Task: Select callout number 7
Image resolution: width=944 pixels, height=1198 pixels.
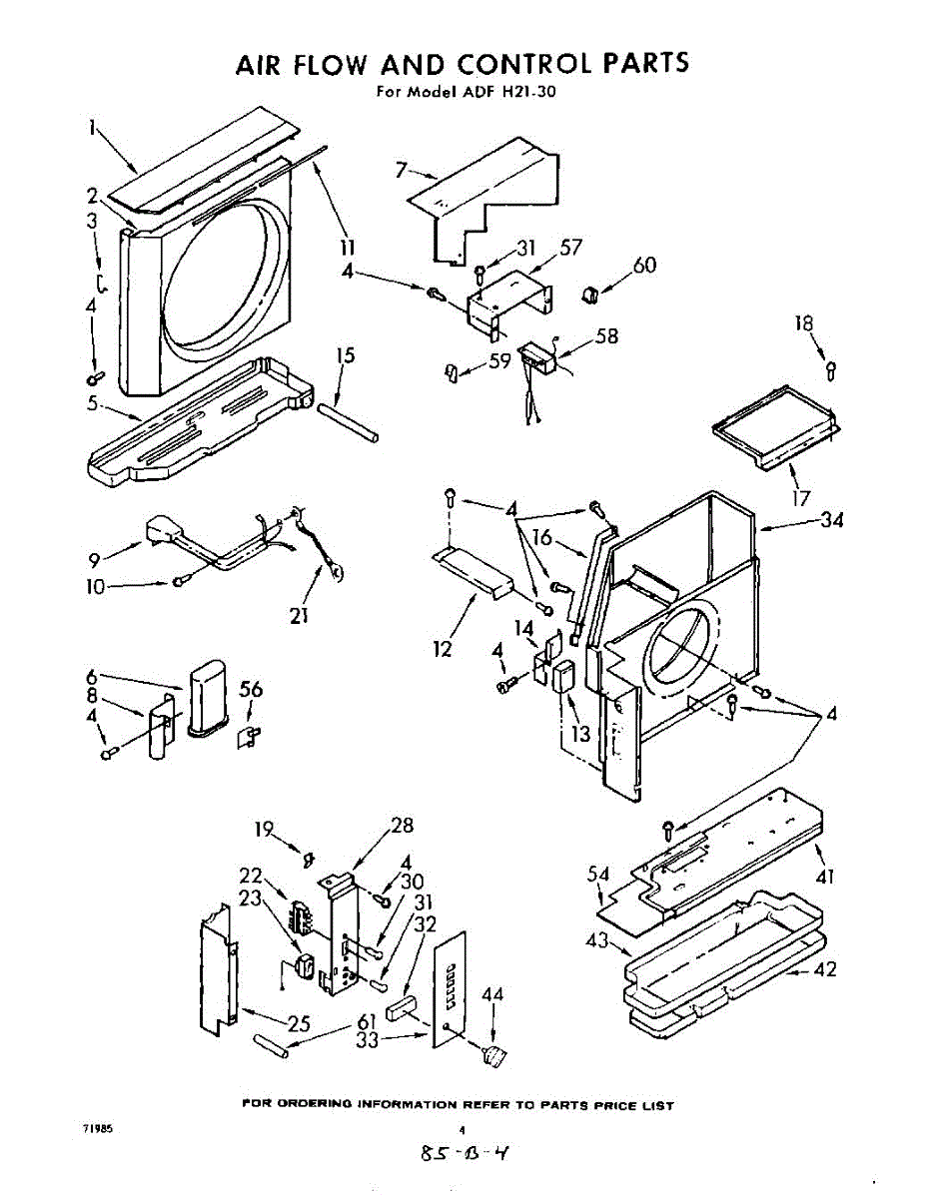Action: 401,170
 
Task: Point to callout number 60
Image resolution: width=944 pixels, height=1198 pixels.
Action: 643,265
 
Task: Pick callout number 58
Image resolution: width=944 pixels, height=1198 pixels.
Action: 606,336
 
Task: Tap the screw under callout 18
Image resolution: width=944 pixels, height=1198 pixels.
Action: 831,370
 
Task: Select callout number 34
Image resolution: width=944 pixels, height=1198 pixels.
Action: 831,520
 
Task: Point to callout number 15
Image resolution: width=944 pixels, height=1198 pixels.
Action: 346,355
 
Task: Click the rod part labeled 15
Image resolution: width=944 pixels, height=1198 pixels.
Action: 348,422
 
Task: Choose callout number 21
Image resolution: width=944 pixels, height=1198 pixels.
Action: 300,616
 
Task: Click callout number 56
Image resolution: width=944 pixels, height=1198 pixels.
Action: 250,689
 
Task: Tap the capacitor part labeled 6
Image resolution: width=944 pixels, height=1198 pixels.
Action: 208,698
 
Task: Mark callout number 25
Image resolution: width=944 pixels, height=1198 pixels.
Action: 298,1023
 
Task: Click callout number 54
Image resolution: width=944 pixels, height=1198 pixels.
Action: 598,874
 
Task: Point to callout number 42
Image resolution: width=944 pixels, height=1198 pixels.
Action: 825,969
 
